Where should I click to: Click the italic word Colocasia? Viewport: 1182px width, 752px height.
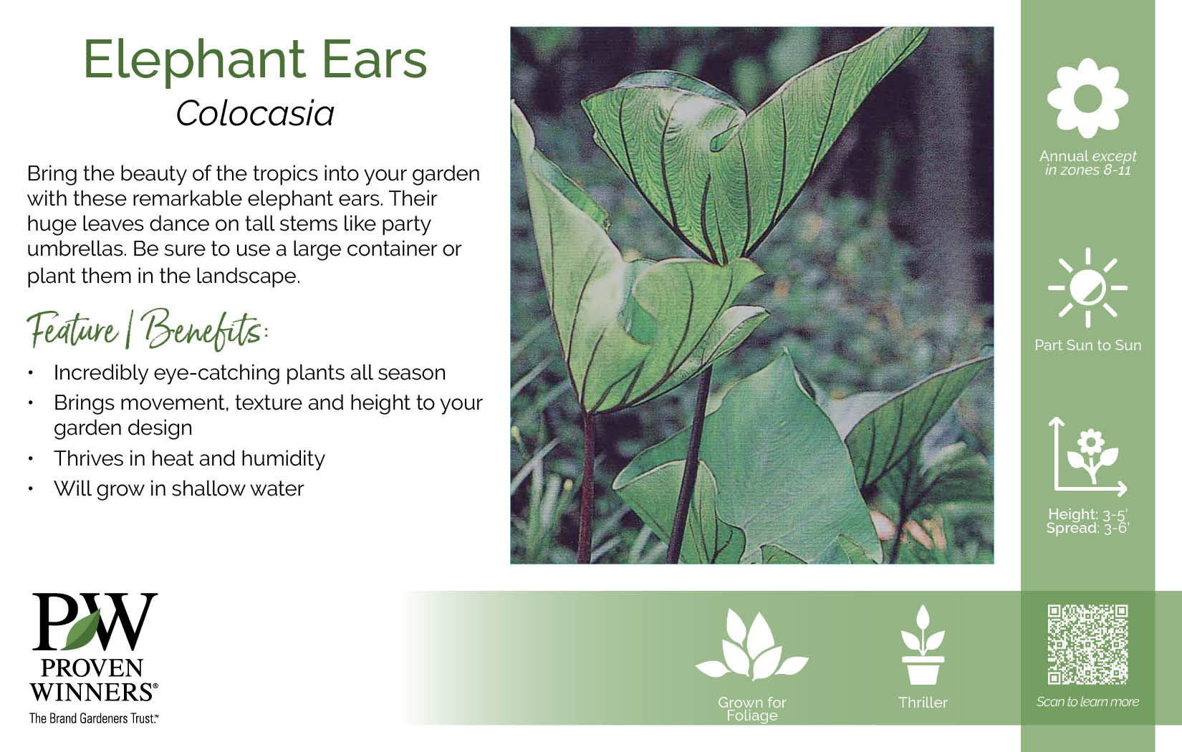point(255,113)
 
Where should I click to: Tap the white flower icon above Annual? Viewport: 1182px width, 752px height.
point(1087,97)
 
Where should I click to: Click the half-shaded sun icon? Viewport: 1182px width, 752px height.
point(1087,288)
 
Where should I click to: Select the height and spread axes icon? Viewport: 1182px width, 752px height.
point(1087,457)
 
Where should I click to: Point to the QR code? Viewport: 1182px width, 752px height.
point(1087,645)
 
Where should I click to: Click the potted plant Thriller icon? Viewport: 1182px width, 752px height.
point(923,645)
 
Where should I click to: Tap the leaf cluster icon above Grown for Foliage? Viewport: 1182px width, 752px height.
point(752,645)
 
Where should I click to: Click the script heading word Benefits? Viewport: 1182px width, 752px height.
point(203,330)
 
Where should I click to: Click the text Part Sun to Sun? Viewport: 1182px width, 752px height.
point(1087,345)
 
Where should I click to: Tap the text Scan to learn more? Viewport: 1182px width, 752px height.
point(1087,701)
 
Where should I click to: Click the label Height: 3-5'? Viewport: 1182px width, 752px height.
point(1087,514)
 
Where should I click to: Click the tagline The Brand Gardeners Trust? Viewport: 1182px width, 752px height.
point(94,718)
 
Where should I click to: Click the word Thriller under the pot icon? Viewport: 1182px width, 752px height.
point(923,703)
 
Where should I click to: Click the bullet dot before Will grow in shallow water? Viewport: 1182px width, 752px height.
point(31,488)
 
